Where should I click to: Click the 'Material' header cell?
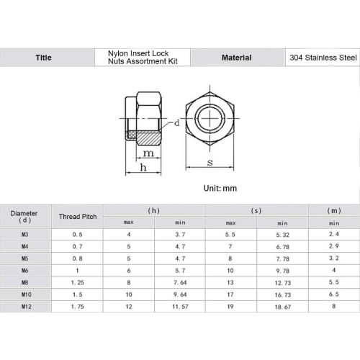pos(237,58)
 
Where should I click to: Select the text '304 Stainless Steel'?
pos(323,58)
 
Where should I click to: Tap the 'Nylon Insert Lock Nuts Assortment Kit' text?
pos(143,58)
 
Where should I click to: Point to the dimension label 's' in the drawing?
pos(210,163)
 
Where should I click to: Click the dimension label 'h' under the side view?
pos(143,167)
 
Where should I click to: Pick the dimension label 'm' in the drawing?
pos(148,153)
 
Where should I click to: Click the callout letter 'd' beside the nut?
pos(177,123)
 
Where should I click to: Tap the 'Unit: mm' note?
pos(220,188)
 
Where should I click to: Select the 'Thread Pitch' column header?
pos(78,217)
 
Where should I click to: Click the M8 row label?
pos(25,282)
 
